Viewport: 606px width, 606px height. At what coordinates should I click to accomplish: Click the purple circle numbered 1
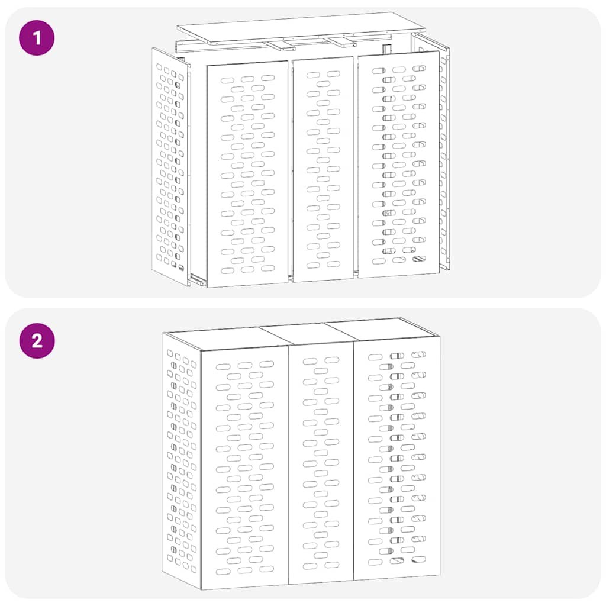(x=37, y=38)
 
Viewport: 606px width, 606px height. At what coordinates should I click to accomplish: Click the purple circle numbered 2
(x=37, y=341)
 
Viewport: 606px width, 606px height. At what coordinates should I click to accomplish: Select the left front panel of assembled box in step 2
(x=244, y=468)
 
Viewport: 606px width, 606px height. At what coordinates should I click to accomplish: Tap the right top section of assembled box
(x=379, y=329)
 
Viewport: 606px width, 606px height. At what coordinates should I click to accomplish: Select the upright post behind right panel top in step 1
(x=388, y=50)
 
